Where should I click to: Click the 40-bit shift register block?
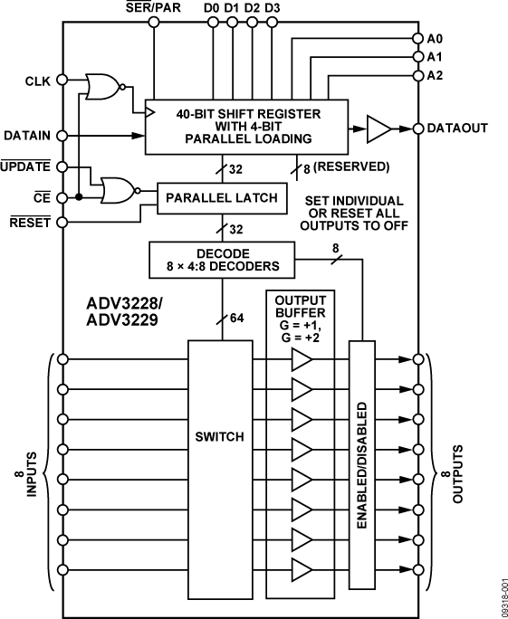tap(247, 128)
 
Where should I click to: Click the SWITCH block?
tap(220, 436)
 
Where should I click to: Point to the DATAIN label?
tap(27, 136)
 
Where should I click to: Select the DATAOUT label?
tap(457, 128)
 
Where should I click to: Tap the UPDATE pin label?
tap(27, 166)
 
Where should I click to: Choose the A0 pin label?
tap(436, 39)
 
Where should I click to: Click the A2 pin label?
tap(436, 75)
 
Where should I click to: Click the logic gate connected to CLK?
tap(101, 86)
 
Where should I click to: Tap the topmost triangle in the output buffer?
tap(302, 361)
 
